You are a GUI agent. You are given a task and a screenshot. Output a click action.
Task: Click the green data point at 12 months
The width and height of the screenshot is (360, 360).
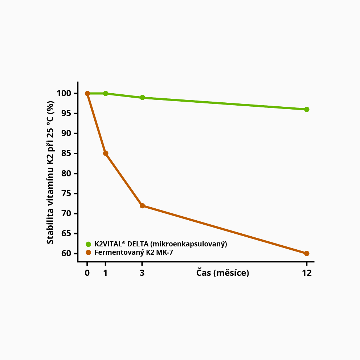click(307, 109)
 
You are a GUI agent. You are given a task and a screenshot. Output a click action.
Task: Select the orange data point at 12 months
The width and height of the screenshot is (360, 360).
click(307, 253)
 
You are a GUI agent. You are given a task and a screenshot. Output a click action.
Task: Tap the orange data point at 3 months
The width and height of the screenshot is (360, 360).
click(142, 206)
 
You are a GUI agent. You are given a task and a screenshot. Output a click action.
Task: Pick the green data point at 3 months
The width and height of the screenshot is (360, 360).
click(142, 98)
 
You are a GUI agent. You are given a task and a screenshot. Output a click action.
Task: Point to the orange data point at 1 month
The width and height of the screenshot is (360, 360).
click(106, 153)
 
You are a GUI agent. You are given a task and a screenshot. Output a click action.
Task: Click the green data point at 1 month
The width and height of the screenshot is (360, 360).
click(106, 93)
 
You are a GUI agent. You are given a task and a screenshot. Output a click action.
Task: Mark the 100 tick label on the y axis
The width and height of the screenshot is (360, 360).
click(65, 94)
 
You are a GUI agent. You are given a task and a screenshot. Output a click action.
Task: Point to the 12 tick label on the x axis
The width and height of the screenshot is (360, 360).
click(307, 273)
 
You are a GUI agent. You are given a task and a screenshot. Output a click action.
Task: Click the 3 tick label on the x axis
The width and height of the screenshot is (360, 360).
click(142, 273)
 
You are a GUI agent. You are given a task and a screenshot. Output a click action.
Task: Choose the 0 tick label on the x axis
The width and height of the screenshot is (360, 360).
click(87, 273)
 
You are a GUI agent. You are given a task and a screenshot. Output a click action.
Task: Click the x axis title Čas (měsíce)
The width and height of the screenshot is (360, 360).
click(223, 273)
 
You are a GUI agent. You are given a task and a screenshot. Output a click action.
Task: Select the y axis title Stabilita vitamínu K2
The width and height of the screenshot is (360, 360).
click(50, 172)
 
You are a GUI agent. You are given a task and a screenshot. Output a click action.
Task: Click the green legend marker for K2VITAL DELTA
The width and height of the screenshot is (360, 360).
click(88, 244)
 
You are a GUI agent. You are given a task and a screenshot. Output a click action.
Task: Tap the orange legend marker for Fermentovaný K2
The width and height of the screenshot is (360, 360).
click(88, 252)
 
